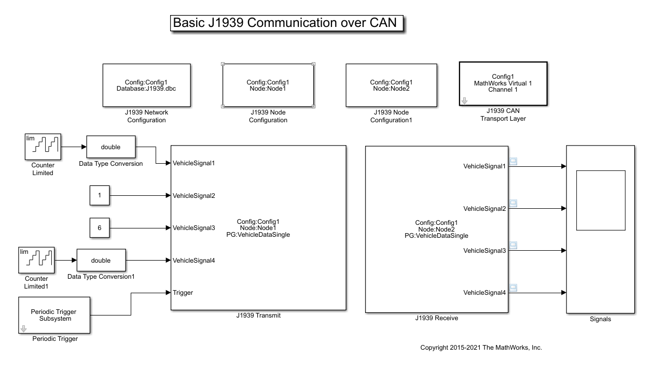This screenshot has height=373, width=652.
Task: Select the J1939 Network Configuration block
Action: pyautogui.click(x=147, y=85)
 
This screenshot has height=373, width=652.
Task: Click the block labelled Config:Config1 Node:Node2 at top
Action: pyautogui.click(x=391, y=85)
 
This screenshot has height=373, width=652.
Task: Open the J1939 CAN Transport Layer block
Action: pyautogui.click(x=503, y=84)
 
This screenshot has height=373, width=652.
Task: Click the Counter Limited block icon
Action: pyautogui.click(x=43, y=147)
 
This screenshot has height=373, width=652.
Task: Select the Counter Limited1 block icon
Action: pyautogui.click(x=36, y=260)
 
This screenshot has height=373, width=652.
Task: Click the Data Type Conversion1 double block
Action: pyautogui.click(x=101, y=260)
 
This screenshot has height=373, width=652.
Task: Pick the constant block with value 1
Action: pyautogui.click(x=100, y=195)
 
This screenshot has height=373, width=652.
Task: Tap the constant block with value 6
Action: pyautogui.click(x=100, y=227)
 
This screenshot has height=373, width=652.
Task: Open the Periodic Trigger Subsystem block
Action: pyautogui.click(x=54, y=315)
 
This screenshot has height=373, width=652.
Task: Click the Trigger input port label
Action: pyautogui.click(x=183, y=293)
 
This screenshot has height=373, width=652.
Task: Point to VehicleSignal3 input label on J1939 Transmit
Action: pyautogui.click(x=194, y=228)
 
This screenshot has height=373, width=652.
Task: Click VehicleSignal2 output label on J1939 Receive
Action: pyautogui.click(x=484, y=208)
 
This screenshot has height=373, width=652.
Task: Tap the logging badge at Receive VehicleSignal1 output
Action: pyautogui.click(x=513, y=161)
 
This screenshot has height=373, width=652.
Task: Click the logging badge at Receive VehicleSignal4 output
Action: pyautogui.click(x=513, y=288)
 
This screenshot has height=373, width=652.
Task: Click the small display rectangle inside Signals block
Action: pyautogui.click(x=601, y=200)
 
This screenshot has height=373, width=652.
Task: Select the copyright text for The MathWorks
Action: pyautogui.click(x=481, y=348)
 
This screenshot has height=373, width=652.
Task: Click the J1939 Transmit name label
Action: pyautogui.click(x=258, y=315)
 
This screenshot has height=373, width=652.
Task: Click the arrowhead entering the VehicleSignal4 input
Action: pyautogui.click(x=168, y=260)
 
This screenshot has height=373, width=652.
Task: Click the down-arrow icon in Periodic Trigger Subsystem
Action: pyautogui.click(x=24, y=329)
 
